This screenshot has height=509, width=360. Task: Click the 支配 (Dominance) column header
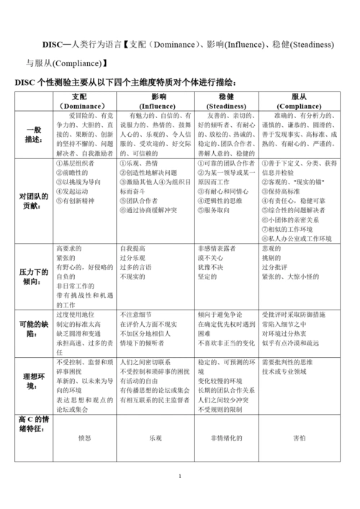[85, 101]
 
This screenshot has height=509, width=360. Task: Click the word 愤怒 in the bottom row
[85, 438]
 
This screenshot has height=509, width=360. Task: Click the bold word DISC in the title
[55, 44]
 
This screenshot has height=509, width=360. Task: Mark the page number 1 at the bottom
[180, 477]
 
